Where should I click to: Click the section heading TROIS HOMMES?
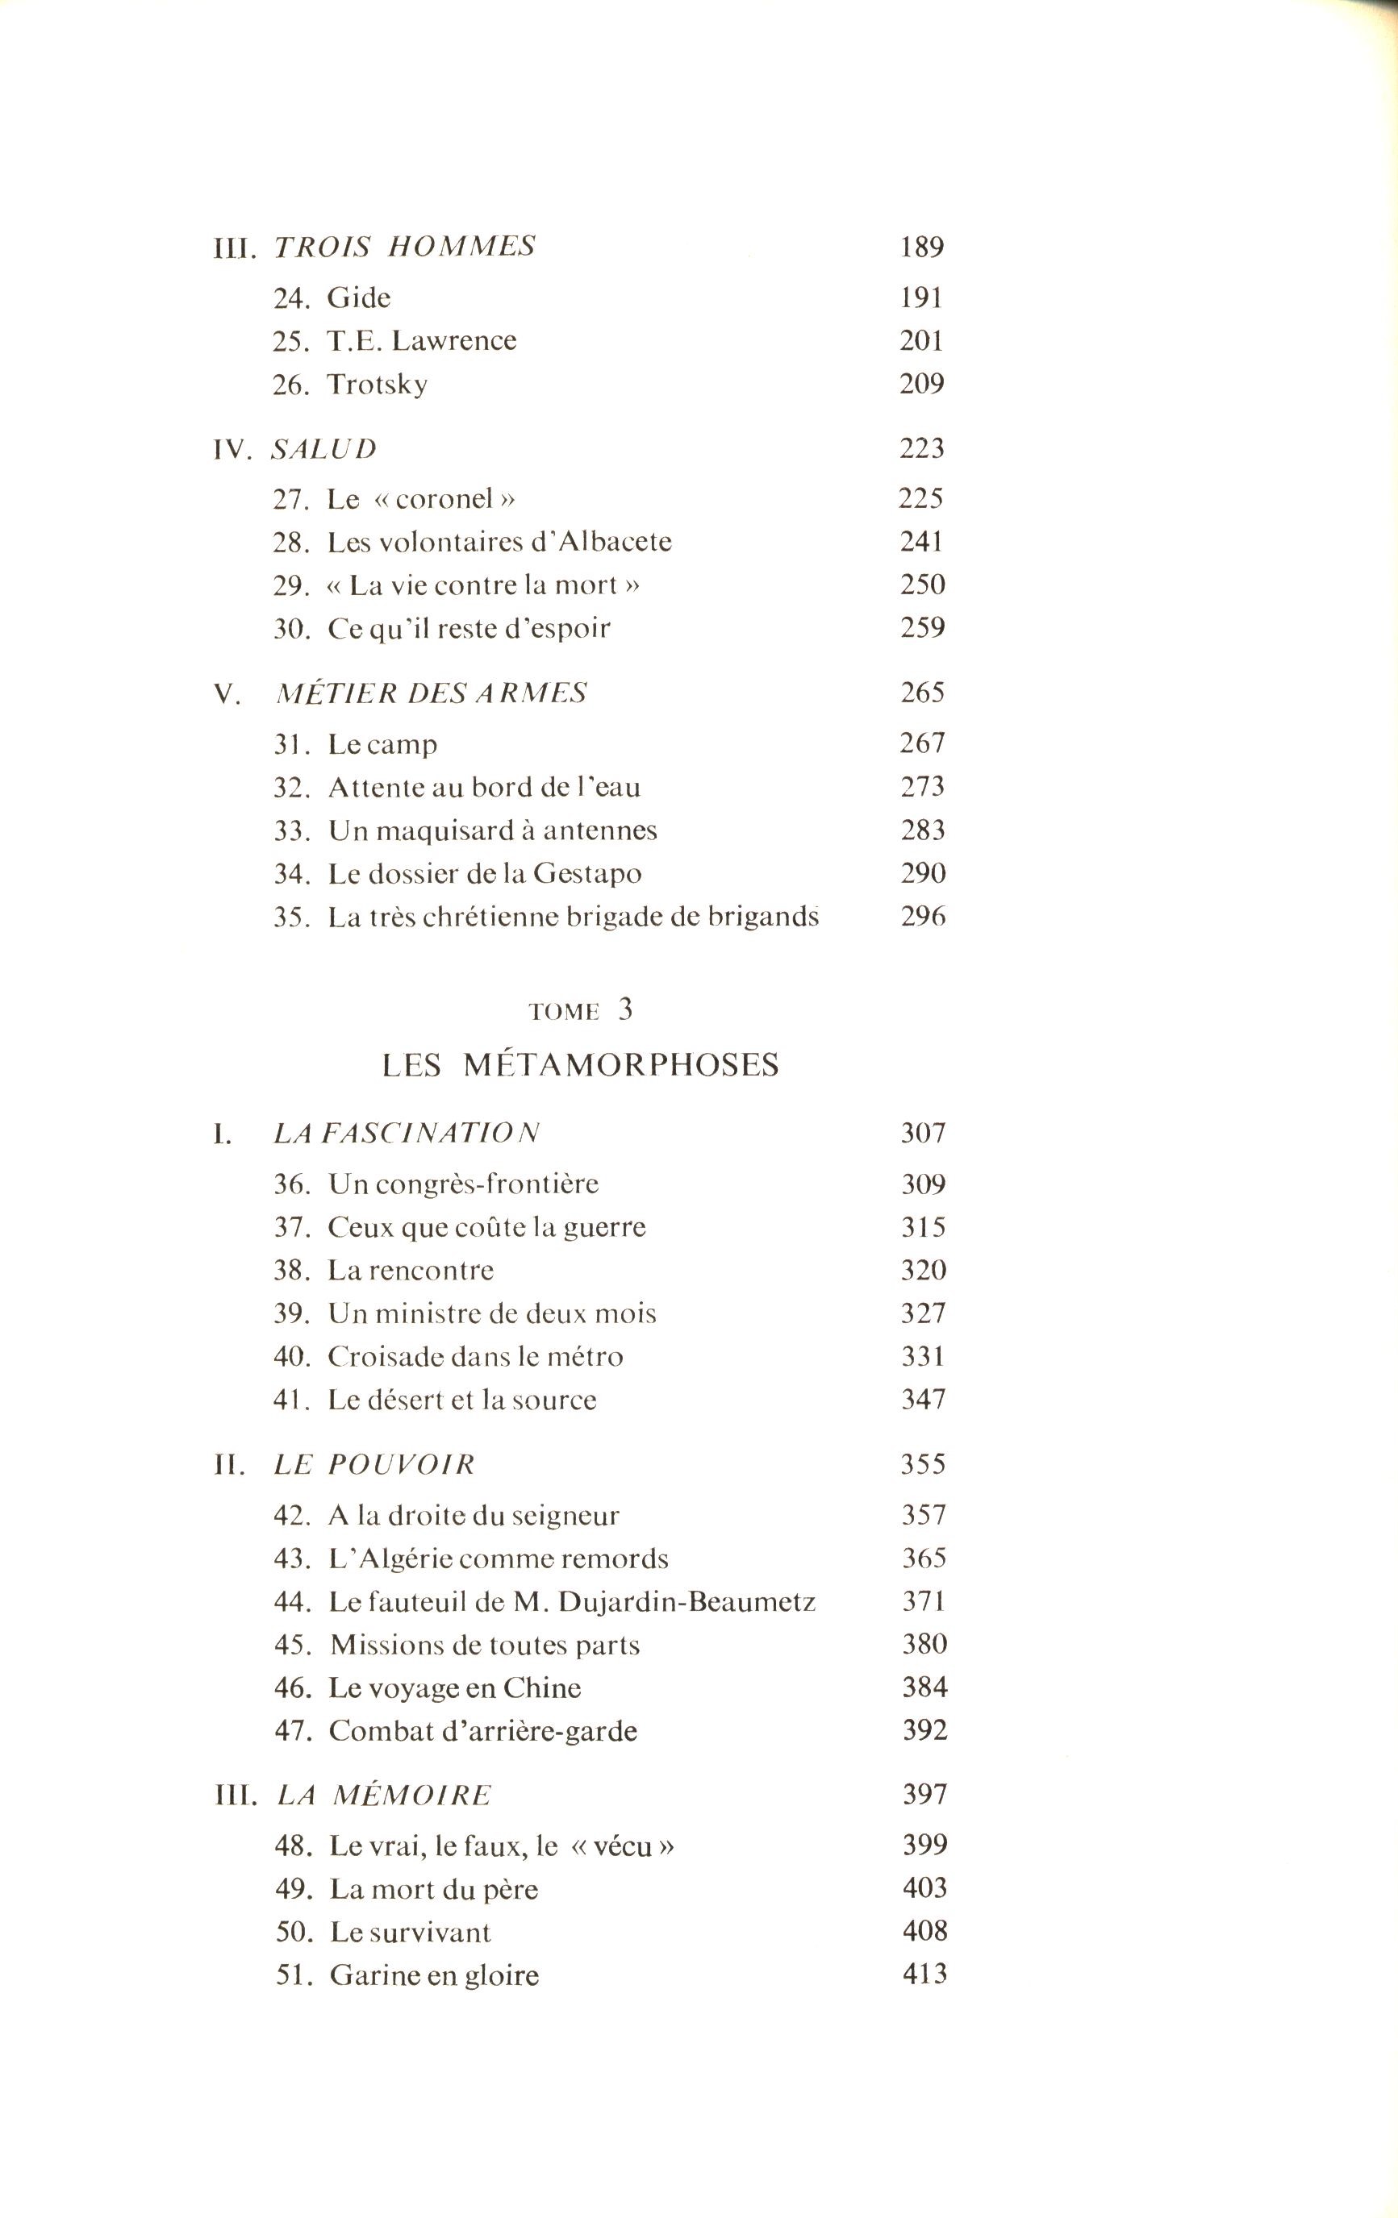pyautogui.click(x=405, y=247)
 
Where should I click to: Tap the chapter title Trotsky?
pyautogui.click(x=377, y=384)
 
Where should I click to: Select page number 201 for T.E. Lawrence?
pyautogui.click(x=921, y=341)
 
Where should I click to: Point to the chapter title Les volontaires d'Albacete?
pyautogui.click(x=499, y=542)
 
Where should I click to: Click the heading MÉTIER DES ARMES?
pyautogui.click(x=432, y=693)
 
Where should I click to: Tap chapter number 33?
pyautogui.click(x=290, y=830)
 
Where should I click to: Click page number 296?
pyautogui.click(x=923, y=917)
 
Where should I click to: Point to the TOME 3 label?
pyautogui.click(x=581, y=1010)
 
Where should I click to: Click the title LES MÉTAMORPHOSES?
pyautogui.click(x=581, y=1065)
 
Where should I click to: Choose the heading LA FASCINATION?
pyautogui.click(x=407, y=1133)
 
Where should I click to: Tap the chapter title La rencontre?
pyautogui.click(x=411, y=1270)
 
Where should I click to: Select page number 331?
pyautogui.click(x=923, y=1356)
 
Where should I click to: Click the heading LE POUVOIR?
pyautogui.click(x=374, y=1464)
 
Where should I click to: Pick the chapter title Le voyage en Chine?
pyautogui.click(x=455, y=1687)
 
